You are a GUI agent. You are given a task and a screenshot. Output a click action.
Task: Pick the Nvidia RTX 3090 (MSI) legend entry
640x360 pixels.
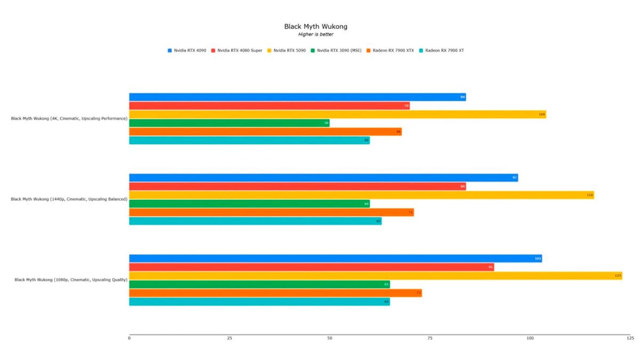coord(339,50)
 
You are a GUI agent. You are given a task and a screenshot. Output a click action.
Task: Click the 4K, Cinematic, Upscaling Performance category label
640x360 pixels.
coord(69,118)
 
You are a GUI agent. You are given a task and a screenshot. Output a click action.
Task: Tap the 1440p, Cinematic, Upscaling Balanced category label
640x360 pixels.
coord(69,199)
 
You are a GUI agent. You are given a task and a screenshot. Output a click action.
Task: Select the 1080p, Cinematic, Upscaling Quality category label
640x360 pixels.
coord(70,279)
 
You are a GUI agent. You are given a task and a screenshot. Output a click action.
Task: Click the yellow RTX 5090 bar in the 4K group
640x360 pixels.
coord(337,114)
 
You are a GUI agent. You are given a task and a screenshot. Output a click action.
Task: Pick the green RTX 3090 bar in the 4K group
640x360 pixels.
coord(229,123)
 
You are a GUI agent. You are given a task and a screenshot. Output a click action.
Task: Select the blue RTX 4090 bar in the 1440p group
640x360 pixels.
coord(323,178)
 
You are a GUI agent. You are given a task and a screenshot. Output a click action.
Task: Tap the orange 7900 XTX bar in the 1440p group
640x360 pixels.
coord(271,212)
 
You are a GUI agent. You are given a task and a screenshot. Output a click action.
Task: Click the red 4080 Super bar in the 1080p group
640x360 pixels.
coord(311,267)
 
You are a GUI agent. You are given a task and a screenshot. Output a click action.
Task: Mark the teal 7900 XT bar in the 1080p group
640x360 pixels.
coord(259,302)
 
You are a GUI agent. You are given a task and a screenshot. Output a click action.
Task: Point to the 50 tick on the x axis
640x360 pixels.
coord(330,338)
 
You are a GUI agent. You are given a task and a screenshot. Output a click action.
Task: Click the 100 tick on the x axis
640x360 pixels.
coord(530,338)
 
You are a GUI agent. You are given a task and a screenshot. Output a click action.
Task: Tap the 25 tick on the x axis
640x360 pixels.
coord(229,338)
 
